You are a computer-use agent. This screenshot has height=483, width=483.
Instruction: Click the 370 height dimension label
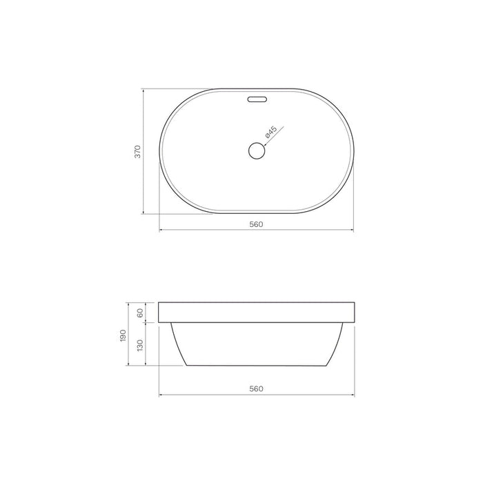138,152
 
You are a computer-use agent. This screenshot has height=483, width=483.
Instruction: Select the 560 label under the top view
256,224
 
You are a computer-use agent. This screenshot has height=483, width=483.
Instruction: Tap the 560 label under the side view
256,388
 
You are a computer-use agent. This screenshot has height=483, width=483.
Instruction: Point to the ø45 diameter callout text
270,132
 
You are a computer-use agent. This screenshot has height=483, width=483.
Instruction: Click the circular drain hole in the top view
256,150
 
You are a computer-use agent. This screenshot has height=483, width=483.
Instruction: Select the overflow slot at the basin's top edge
256,99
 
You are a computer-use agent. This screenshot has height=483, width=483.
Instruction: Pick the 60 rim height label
140,313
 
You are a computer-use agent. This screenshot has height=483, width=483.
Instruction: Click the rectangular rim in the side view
256,313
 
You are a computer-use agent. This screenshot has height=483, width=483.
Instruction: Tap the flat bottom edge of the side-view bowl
256,365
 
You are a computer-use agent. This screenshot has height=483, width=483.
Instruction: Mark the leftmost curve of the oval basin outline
161,151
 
